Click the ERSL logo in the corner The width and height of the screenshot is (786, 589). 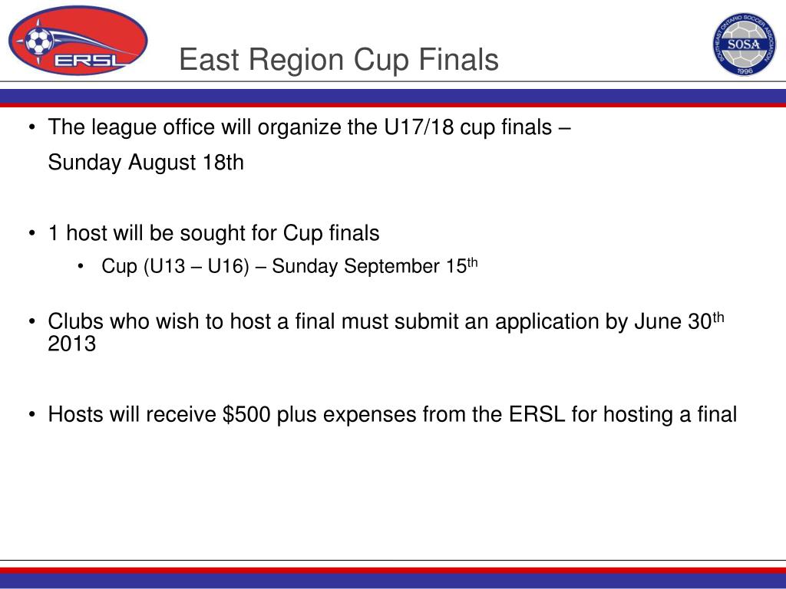78,41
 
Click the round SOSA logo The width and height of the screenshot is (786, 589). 745,44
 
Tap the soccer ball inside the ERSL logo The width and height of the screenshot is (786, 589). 38,41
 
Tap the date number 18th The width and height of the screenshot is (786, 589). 223,163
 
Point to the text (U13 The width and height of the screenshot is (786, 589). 164,266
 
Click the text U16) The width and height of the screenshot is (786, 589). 228,266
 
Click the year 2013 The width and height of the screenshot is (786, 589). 71,344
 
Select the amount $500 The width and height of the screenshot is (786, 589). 246,415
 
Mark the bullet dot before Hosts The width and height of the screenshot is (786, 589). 32,415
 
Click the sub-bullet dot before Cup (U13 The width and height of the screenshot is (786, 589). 80,267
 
